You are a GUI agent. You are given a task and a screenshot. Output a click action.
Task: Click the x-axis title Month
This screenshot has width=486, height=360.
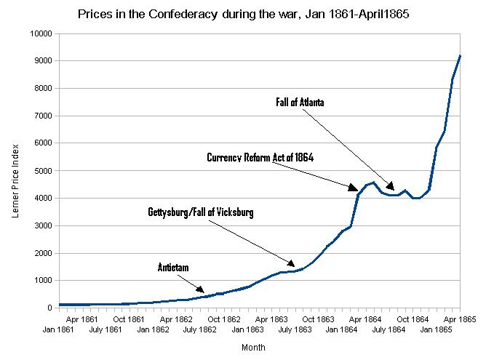(254, 348)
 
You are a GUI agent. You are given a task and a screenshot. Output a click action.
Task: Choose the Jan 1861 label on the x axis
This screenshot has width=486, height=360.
(59, 329)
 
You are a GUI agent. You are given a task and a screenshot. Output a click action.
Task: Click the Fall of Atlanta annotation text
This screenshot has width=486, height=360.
(299, 103)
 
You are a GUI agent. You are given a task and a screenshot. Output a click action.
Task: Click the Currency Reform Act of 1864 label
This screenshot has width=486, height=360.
(260, 157)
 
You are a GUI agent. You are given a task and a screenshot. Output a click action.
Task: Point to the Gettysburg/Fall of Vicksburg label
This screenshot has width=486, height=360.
(200, 212)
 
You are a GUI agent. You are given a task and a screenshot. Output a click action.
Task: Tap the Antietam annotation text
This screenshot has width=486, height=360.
(173, 268)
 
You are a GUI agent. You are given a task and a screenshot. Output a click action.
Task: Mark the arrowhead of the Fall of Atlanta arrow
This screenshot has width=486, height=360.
(393, 189)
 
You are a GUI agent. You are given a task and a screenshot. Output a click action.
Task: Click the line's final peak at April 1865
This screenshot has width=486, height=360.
(460, 56)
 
